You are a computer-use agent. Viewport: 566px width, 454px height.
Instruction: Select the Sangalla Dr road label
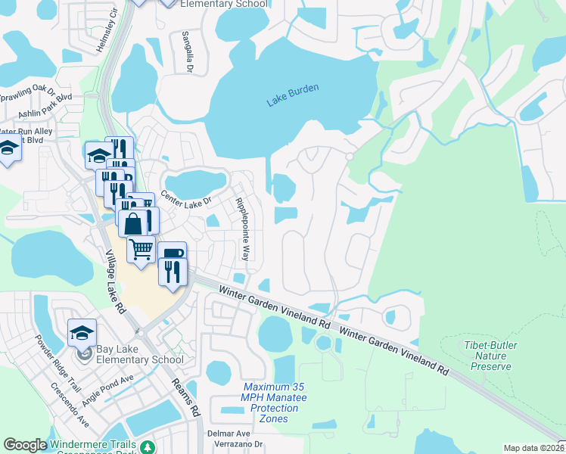(x=185, y=52)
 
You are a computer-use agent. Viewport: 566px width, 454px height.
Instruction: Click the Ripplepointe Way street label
(x=241, y=229)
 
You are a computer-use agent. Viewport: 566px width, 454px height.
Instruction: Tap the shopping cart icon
(x=141, y=248)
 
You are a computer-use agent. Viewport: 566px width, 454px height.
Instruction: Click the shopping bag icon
(x=133, y=222)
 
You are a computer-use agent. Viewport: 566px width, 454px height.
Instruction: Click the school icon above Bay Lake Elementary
(x=82, y=331)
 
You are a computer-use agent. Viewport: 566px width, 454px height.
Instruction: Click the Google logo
(x=25, y=445)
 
